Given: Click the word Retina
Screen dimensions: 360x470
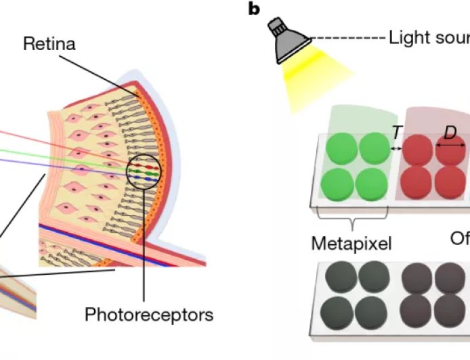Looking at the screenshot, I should (x=49, y=45).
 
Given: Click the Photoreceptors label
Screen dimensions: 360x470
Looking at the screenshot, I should (x=149, y=315).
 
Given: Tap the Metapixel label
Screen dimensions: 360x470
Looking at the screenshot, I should (x=351, y=243).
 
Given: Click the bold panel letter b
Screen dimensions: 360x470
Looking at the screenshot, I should (x=255, y=9).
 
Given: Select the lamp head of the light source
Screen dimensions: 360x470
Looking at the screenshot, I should (x=285, y=34).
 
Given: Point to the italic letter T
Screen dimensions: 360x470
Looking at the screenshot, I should (x=397, y=134).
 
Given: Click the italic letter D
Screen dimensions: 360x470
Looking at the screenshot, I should (x=450, y=133).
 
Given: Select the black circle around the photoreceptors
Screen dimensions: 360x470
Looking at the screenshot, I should (x=144, y=173).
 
